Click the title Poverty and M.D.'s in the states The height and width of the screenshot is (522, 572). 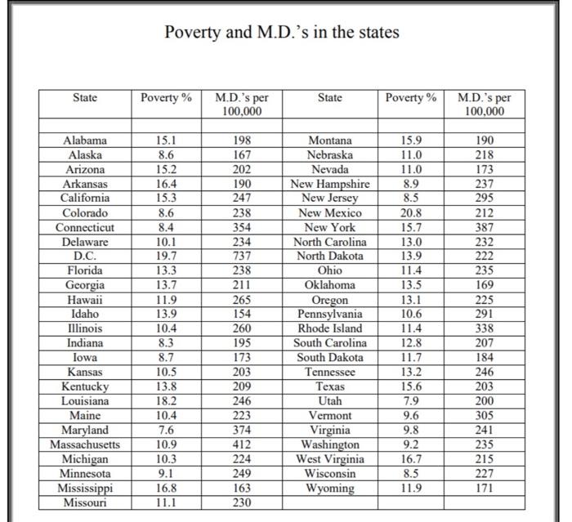click(282, 33)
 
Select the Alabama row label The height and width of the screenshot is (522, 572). click(85, 141)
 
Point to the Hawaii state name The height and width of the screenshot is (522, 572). click(85, 299)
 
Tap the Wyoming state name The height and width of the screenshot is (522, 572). click(330, 489)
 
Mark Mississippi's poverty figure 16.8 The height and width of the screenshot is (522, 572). click(165, 489)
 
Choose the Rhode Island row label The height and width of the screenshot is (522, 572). click(330, 328)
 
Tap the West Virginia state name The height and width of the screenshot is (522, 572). click(330, 459)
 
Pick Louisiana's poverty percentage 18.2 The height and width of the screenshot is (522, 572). click(165, 401)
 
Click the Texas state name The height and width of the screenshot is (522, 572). click(330, 386)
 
